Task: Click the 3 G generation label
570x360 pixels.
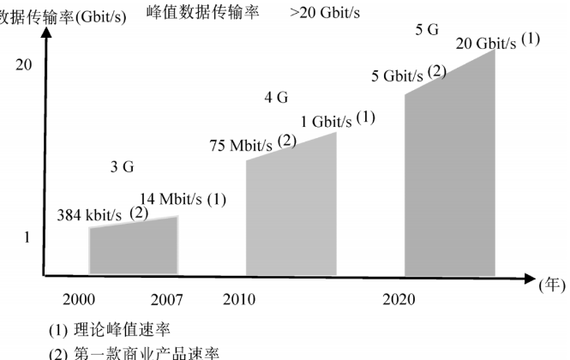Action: point(122,168)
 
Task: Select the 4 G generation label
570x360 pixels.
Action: point(276,98)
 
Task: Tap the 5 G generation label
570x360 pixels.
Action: point(427,30)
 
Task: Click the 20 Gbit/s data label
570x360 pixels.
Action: point(486,45)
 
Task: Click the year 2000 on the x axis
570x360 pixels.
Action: point(79,299)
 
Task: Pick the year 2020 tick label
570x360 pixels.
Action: point(399,299)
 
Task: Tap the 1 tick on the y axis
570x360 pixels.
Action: point(27,237)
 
